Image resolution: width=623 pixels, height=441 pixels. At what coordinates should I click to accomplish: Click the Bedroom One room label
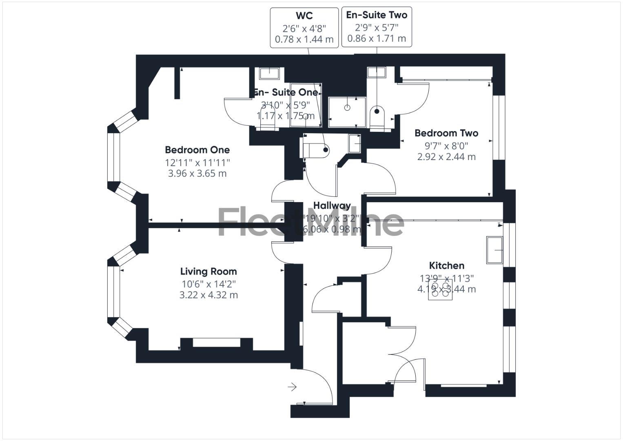(197, 150)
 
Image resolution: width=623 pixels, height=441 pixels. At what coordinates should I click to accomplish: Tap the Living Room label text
(208, 272)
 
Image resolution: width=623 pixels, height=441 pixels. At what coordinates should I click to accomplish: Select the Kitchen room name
(447, 266)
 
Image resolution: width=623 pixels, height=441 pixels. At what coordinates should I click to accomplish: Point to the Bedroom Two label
(446, 133)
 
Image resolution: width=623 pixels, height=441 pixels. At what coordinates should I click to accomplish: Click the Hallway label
(332, 205)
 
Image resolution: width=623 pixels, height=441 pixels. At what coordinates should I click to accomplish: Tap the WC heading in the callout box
(304, 16)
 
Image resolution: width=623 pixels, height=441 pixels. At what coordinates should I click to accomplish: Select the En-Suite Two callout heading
(377, 15)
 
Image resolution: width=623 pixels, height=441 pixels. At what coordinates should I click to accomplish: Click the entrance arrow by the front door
(292, 387)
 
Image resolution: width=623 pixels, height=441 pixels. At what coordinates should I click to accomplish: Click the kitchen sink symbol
(494, 249)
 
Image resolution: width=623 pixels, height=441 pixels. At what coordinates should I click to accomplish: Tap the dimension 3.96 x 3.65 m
(197, 174)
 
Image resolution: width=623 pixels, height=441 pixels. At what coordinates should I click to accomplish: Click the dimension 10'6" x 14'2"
(208, 284)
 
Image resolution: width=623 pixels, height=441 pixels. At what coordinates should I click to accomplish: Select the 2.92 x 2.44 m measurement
(446, 157)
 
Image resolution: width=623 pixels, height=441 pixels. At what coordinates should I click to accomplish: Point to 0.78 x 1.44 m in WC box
(304, 40)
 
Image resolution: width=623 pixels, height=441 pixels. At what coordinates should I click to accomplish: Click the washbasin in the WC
(355, 143)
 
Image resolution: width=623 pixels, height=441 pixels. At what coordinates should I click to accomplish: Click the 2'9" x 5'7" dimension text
(377, 27)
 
